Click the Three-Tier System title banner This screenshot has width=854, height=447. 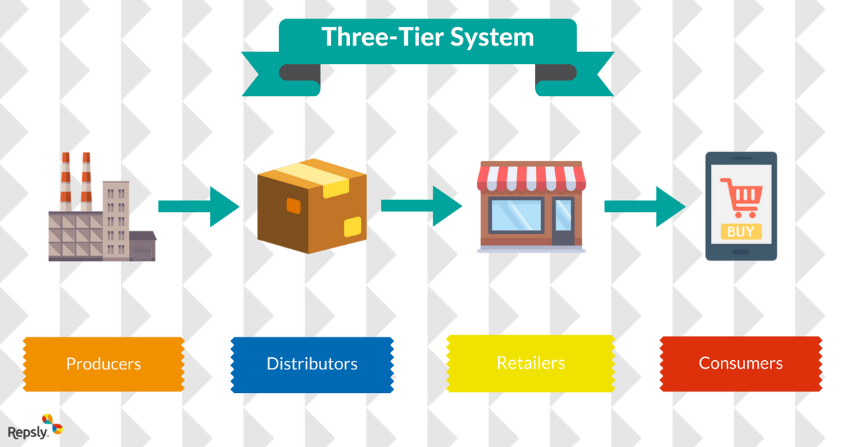[x=427, y=38]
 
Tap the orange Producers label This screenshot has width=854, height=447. [x=104, y=364]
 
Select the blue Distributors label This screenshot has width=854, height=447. [x=312, y=364]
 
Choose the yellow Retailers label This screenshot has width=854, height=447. [x=531, y=363]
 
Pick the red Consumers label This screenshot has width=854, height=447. [x=741, y=363]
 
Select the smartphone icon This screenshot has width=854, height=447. [x=741, y=206]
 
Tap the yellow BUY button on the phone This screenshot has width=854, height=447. [x=741, y=231]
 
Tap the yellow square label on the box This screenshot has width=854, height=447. [x=352, y=226]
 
